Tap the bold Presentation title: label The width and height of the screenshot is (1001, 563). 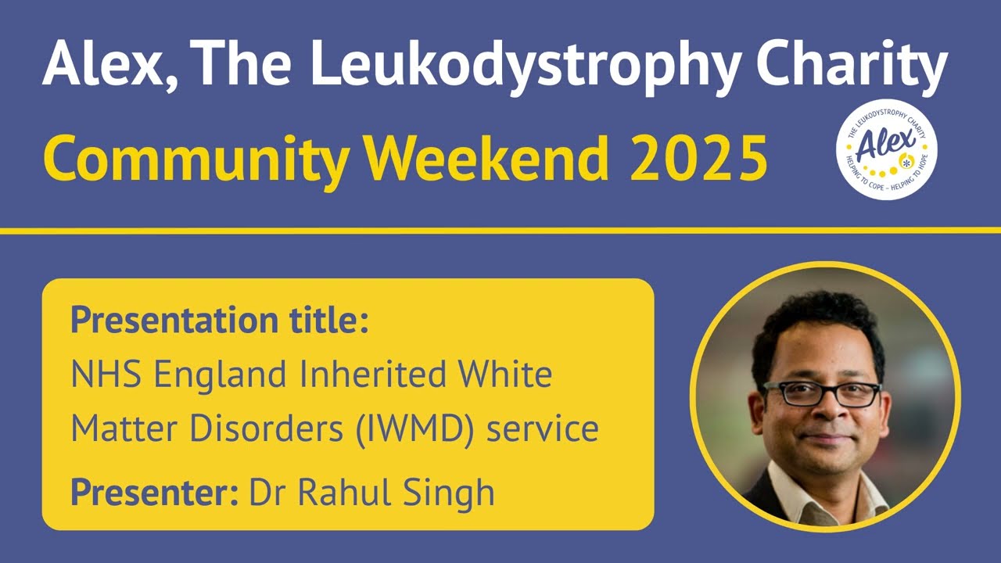coord(219,321)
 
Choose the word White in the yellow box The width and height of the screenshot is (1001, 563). coord(506,375)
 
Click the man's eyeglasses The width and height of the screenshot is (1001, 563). coord(821,393)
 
